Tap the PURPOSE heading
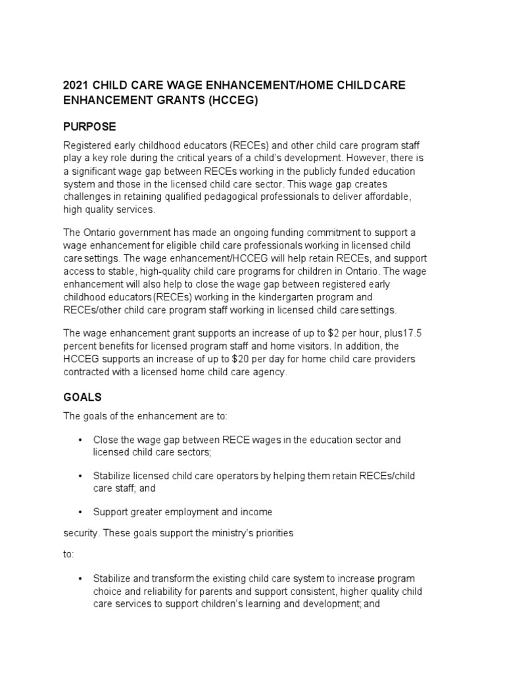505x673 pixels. tap(89, 126)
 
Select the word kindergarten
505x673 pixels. tap(306, 298)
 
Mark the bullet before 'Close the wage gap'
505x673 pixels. tap(80, 440)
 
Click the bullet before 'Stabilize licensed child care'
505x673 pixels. tap(80, 475)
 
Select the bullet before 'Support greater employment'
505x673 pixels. tap(80, 511)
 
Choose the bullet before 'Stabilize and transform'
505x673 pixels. tap(80, 578)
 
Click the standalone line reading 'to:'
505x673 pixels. tap(69, 554)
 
